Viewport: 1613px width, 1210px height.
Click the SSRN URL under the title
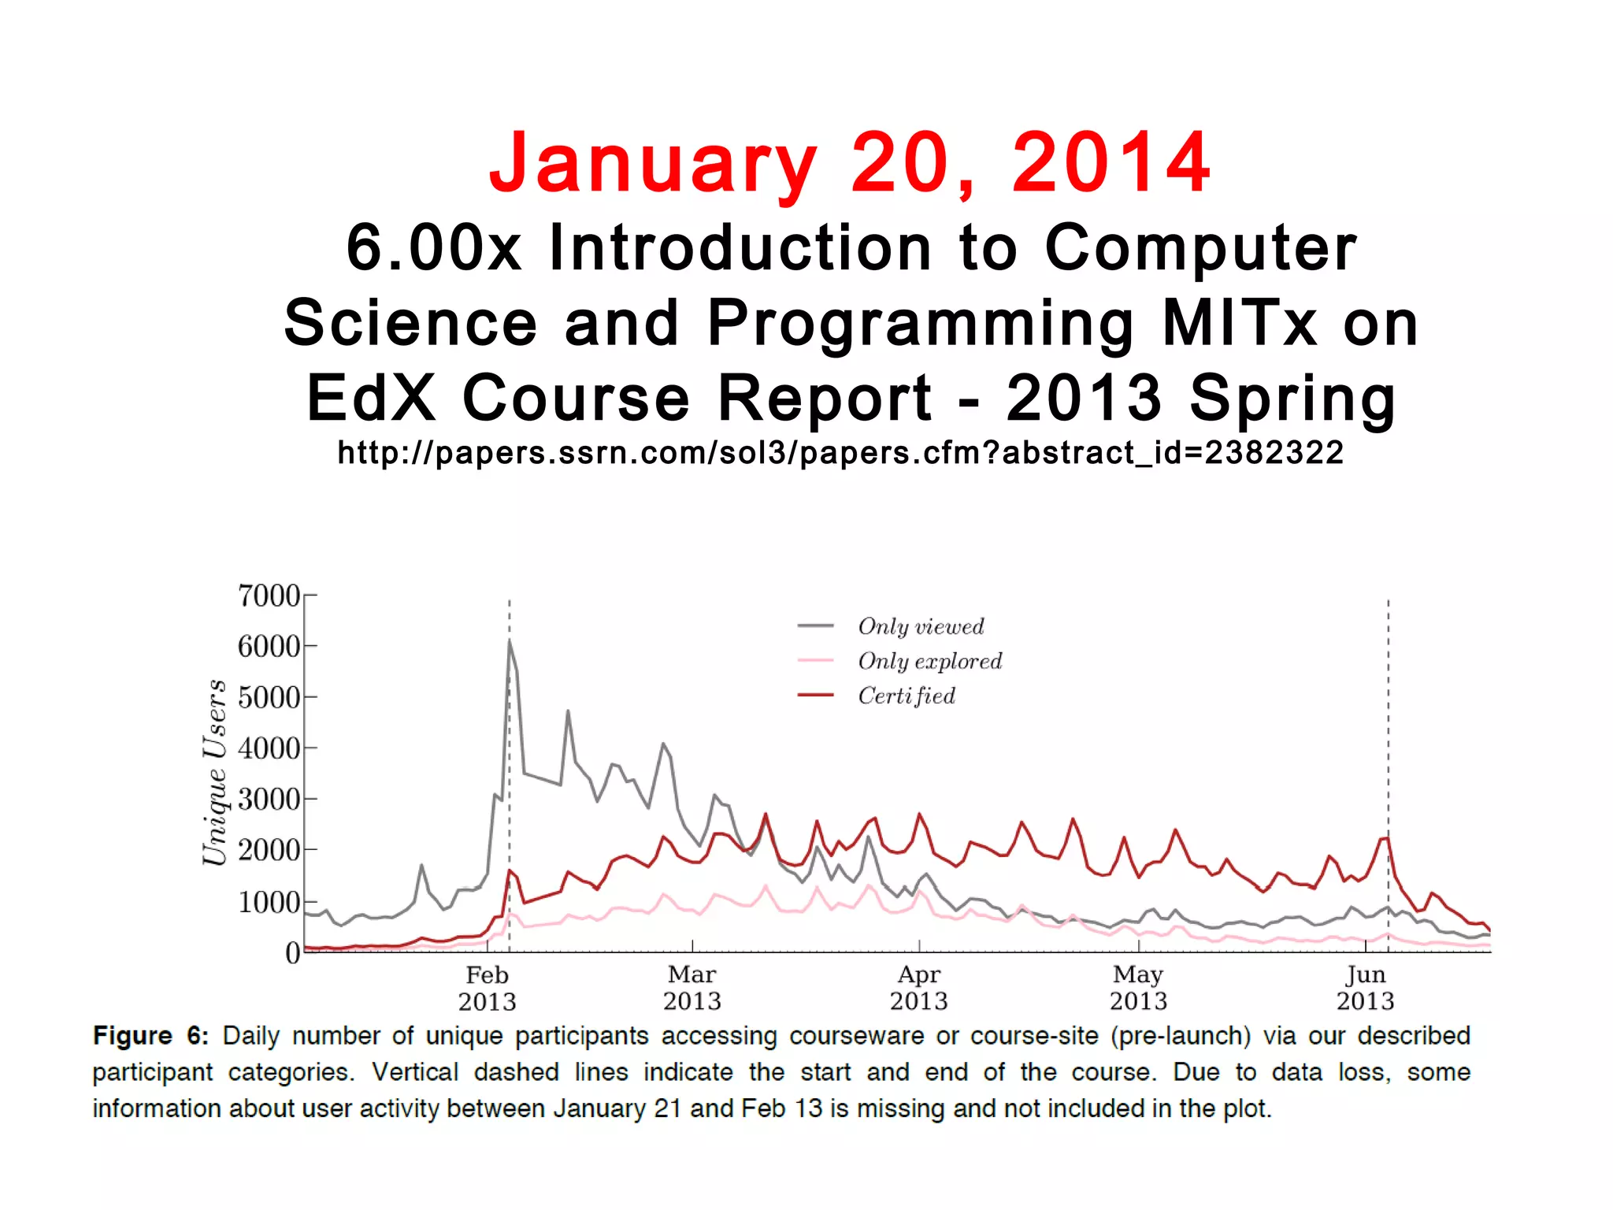(840, 453)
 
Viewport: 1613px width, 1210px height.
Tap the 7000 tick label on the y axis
(269, 596)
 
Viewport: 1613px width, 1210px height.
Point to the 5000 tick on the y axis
(269, 697)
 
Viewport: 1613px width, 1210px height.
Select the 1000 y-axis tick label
(269, 901)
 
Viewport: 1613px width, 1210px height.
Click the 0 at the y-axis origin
(292, 953)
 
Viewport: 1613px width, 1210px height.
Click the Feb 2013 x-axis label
(487, 988)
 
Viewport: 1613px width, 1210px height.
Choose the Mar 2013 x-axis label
(692, 988)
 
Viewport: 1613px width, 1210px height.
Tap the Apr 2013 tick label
(918, 988)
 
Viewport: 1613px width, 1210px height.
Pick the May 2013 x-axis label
(1138, 988)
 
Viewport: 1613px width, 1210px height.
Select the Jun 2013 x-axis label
(1365, 988)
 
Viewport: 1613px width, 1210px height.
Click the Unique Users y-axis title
(214, 772)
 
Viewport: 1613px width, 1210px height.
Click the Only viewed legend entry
(921, 626)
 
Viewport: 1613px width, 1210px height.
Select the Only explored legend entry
(929, 661)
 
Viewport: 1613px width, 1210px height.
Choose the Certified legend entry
(907, 696)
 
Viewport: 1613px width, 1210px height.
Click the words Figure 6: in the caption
(150, 1035)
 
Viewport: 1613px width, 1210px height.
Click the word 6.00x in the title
(433, 247)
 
